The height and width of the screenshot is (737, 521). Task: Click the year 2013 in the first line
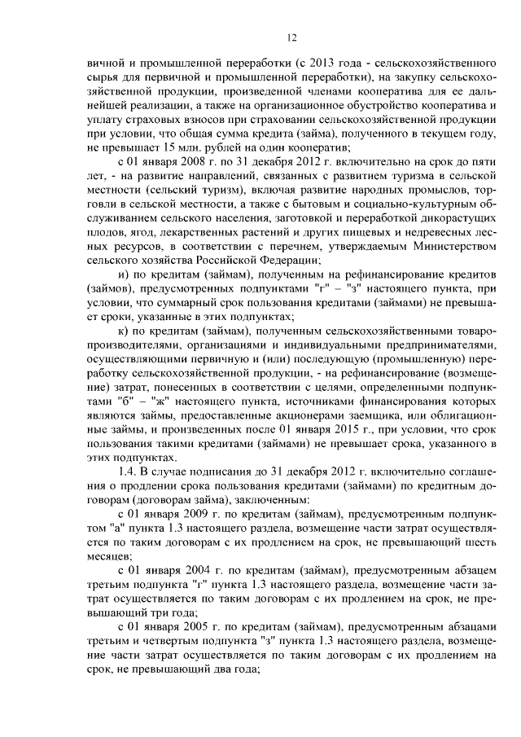click(x=321, y=62)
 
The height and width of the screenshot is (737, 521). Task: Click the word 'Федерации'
click(x=284, y=260)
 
